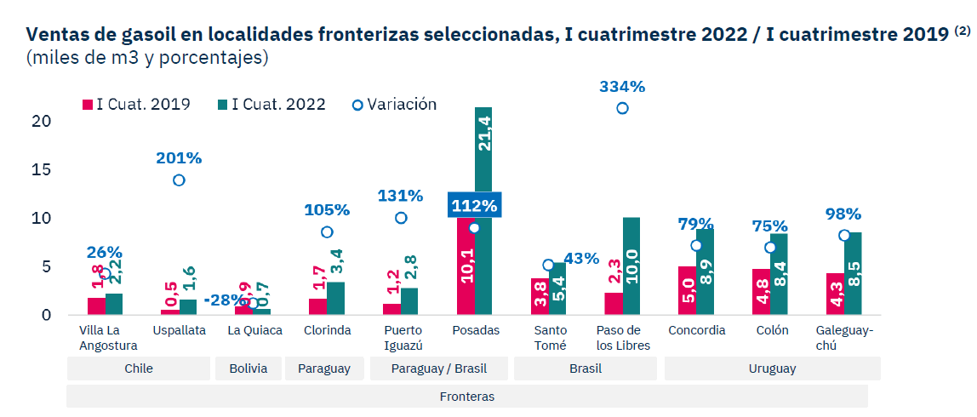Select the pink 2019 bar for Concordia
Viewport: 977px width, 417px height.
(687, 290)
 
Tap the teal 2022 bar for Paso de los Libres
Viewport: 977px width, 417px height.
(631, 266)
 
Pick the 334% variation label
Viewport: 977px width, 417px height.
(622, 87)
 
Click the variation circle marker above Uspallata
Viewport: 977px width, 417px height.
(179, 180)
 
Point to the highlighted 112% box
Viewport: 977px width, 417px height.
(474, 205)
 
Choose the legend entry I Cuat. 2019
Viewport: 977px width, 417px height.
(136, 105)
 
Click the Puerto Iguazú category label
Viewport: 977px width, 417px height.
(402, 337)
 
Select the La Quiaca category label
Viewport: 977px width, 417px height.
(254, 330)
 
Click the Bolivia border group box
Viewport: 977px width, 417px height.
(249, 368)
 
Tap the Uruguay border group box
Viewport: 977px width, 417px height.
(772, 368)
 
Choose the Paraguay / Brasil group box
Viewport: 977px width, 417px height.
(438, 368)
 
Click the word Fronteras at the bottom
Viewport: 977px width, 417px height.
(466, 397)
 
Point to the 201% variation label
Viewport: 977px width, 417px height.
(179, 158)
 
